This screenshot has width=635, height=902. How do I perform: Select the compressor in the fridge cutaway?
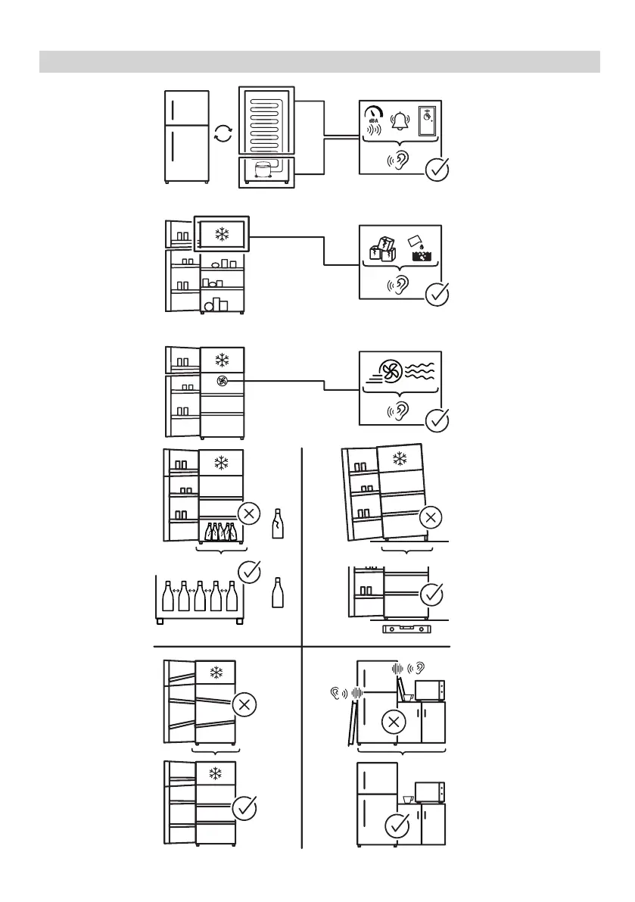[x=265, y=171]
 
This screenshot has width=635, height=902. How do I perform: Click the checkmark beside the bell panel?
[x=438, y=170]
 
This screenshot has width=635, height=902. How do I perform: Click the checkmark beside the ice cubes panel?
[x=438, y=295]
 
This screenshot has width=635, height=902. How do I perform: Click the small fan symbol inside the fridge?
[x=222, y=382]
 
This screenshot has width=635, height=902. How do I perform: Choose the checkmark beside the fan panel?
[x=438, y=419]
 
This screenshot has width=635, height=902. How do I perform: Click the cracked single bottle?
[x=278, y=523]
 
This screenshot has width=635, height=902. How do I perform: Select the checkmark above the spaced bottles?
[x=249, y=572]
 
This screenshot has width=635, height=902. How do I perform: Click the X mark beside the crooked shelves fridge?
[x=244, y=704]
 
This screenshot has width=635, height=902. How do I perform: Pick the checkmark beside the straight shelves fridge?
[x=244, y=808]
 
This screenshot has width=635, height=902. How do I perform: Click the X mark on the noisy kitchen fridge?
[x=392, y=722]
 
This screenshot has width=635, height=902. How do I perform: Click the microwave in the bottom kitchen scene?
[x=430, y=793]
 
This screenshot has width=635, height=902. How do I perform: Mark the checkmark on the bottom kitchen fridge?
[x=397, y=826]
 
